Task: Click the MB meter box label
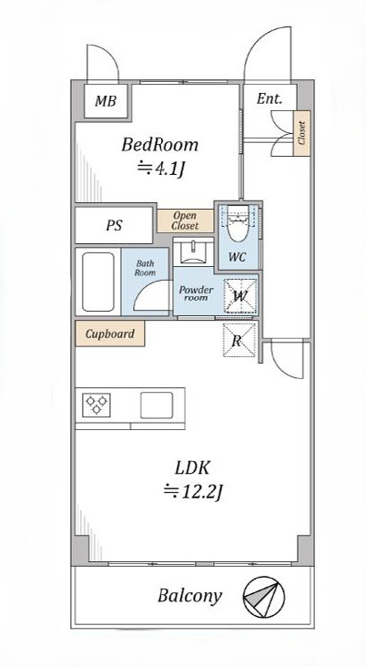pyautogui.click(x=106, y=101)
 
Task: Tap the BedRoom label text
pyautogui.click(x=160, y=145)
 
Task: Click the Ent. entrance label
pyautogui.click(x=269, y=99)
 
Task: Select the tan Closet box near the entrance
pyautogui.click(x=301, y=133)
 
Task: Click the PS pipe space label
pyautogui.click(x=114, y=225)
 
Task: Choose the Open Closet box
pyautogui.click(x=186, y=221)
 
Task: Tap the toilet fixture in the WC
pyautogui.click(x=238, y=224)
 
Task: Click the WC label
pyautogui.click(x=238, y=257)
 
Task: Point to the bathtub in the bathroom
pyautogui.click(x=98, y=282)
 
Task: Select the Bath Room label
pyautogui.click(x=145, y=268)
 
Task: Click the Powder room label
pyautogui.click(x=196, y=293)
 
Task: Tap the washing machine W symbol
pyautogui.click(x=240, y=296)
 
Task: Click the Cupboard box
pyautogui.click(x=109, y=333)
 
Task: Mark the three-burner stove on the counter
pyautogui.click(x=97, y=405)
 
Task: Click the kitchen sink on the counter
pyautogui.click(x=157, y=405)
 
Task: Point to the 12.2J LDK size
pyautogui.click(x=193, y=493)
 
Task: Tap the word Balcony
pyautogui.click(x=189, y=596)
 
